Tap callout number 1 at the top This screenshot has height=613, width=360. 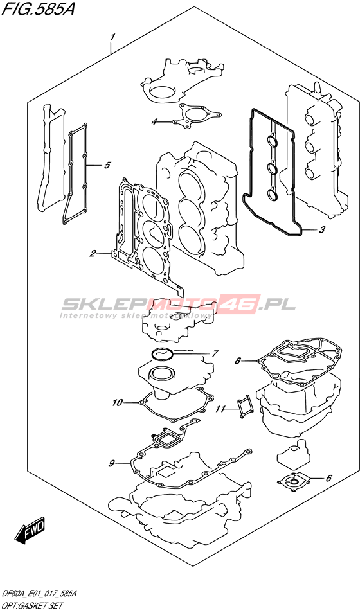(113, 37)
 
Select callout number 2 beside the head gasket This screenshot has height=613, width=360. (93, 254)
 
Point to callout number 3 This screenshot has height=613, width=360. (321, 230)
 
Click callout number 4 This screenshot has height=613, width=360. (154, 122)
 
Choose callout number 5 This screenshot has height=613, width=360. (107, 165)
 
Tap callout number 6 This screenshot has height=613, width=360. (328, 477)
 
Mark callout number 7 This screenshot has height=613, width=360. (215, 353)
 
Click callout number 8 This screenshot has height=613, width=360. (238, 361)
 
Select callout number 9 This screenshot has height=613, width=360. (111, 463)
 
